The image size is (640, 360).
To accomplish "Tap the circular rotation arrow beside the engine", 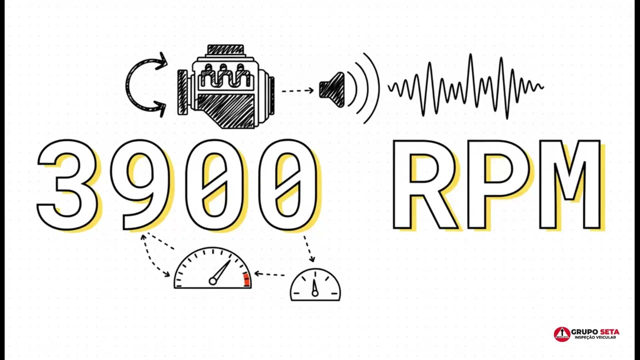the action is coord(127,85).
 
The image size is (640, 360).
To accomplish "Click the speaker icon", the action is coord(332,90).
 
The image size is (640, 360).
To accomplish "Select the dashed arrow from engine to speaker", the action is coord(297,91).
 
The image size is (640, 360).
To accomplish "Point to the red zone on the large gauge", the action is coord(246,279).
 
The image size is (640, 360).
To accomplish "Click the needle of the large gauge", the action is coord(220,271).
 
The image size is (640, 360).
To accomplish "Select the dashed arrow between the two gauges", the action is coord(269,274).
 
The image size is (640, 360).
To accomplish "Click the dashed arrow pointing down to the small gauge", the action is coord(308,248).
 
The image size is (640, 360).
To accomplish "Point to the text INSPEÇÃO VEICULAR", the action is coord(595,337).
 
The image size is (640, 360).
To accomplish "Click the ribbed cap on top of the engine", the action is coord(225,50).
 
